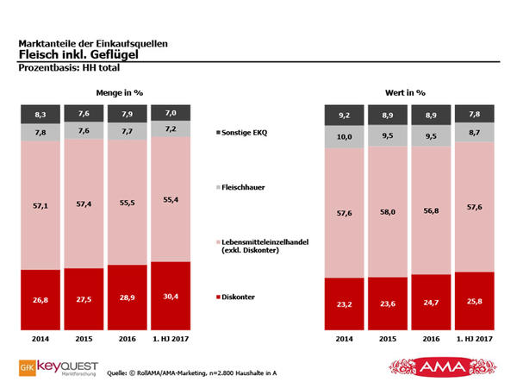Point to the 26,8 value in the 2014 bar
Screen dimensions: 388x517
(x=41, y=302)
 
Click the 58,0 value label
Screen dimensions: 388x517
(x=388, y=210)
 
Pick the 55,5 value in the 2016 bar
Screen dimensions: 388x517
(x=128, y=201)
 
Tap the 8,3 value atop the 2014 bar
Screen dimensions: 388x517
(x=41, y=113)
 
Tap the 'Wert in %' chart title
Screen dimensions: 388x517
(x=405, y=91)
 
